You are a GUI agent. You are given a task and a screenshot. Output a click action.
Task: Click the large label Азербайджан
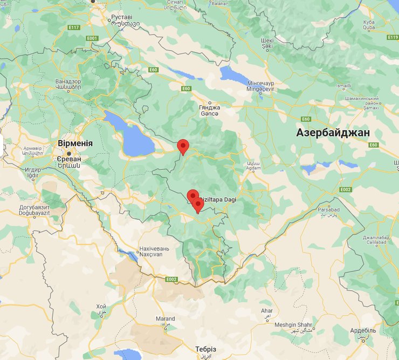coord(333,132)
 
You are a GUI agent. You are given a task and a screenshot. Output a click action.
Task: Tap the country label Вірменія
coord(75,144)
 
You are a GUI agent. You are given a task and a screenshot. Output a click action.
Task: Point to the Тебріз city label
coord(205,349)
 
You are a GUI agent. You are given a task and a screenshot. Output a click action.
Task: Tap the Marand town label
coord(165,319)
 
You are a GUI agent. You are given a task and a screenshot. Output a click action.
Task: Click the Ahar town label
coord(266,311)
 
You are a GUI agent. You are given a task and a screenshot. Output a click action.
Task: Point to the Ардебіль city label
coord(363,330)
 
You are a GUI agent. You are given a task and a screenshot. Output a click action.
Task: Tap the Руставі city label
coord(121,18)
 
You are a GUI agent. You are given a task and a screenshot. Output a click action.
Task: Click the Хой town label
coord(101,307)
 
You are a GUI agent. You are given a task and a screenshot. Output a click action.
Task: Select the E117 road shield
coord(74,28)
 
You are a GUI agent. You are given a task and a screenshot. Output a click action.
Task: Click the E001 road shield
coord(92,38)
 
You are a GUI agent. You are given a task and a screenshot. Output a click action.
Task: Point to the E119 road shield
coord(392,37)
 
